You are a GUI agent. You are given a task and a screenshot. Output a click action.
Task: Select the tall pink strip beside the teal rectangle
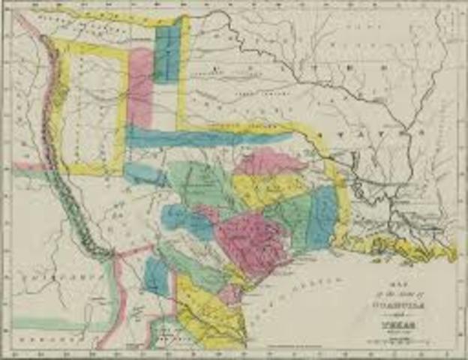click(x=139, y=86)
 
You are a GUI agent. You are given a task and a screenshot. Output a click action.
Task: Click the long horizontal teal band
click(x=202, y=138)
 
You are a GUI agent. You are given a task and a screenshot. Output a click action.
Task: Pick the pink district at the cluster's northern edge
click(x=270, y=161)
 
